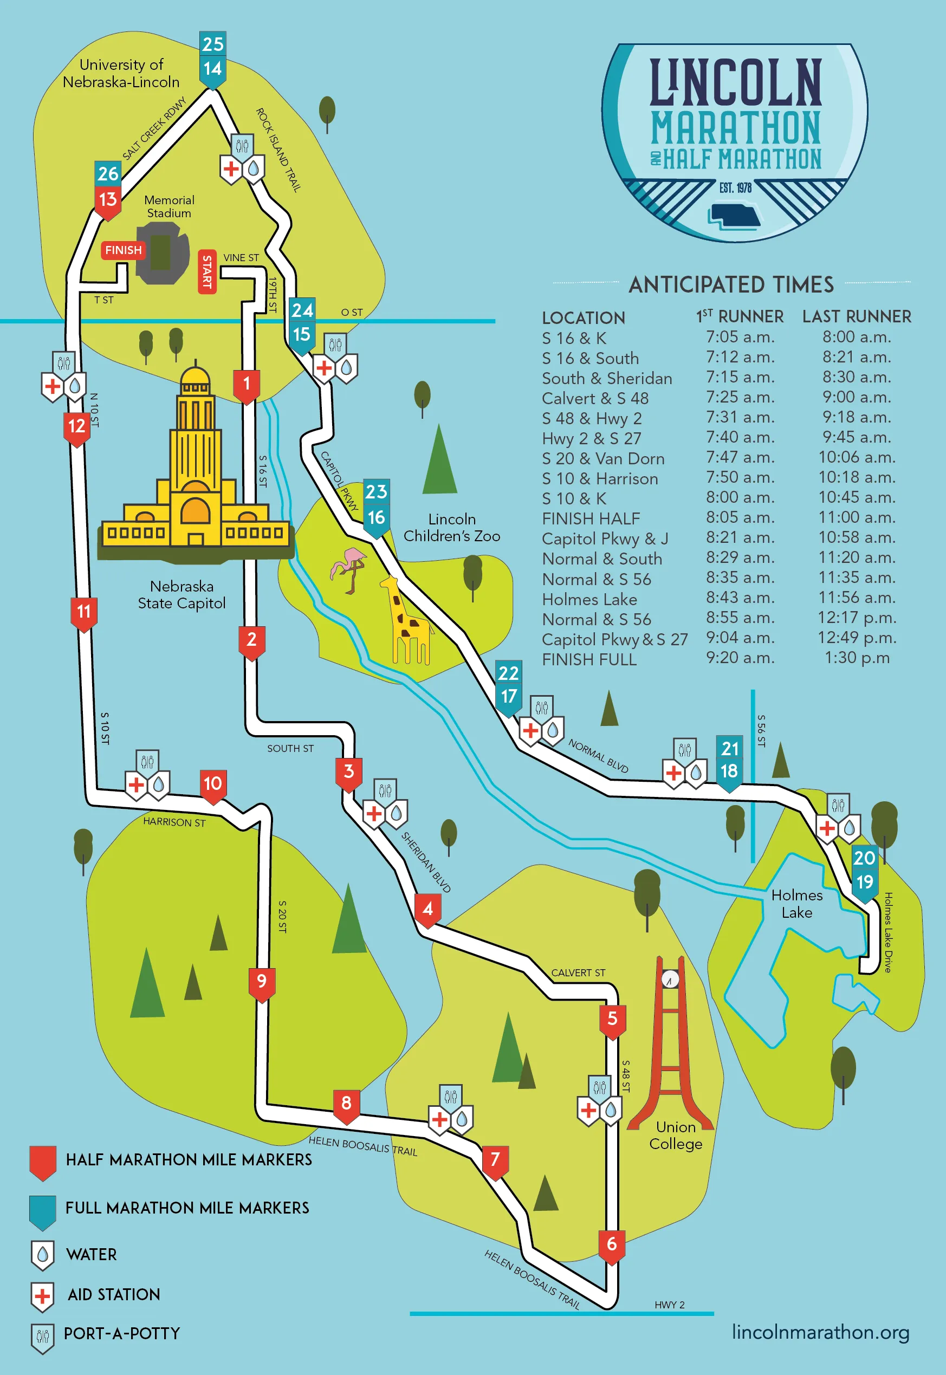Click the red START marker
(207, 271)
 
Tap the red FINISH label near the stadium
(124, 250)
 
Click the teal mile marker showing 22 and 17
(509, 685)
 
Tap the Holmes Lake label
(796, 903)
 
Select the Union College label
(675, 1135)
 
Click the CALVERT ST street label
(578, 972)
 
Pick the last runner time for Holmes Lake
(857, 598)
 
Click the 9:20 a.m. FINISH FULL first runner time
(740, 658)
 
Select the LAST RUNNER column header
(857, 316)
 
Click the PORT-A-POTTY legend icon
(42, 1338)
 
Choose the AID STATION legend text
(114, 1294)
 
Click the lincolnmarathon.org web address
(820, 1332)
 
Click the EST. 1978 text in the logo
(735, 188)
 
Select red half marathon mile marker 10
(213, 784)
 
